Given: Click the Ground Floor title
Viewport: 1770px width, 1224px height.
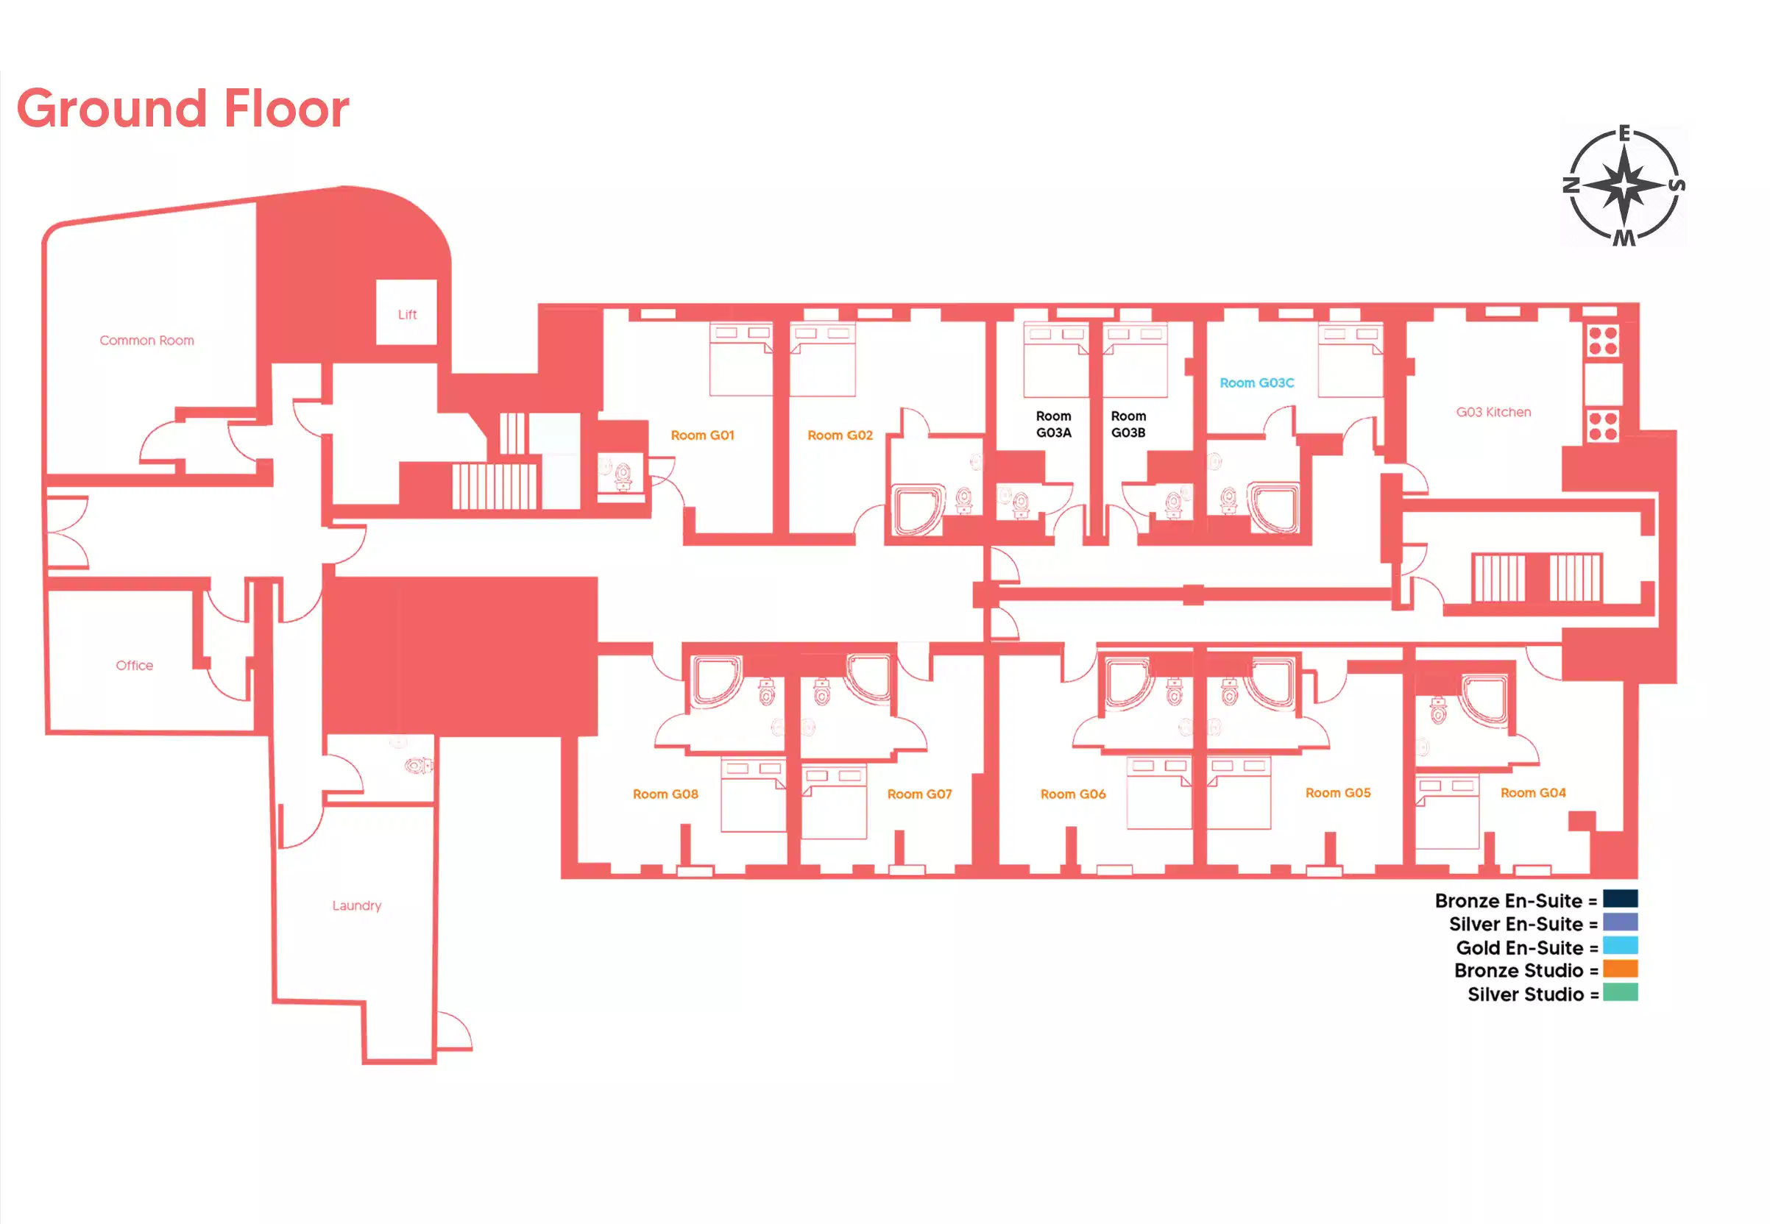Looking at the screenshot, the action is pos(183,108).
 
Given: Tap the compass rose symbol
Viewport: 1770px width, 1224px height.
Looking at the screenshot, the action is pos(1624,185).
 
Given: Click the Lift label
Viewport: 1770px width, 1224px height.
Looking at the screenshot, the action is pos(408,314).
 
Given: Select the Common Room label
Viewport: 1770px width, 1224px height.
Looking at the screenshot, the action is pos(146,341).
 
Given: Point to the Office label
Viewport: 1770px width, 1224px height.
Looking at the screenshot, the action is pos(134,666).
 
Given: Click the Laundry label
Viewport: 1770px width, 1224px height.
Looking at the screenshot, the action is pos(357,905).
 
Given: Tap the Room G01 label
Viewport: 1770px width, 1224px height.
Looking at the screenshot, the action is pos(702,435).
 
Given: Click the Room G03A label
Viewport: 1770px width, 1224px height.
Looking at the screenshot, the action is pos(1053,424).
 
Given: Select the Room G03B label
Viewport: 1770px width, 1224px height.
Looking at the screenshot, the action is pos(1128,424).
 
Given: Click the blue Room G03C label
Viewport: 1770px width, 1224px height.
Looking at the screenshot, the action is pos(1257,382).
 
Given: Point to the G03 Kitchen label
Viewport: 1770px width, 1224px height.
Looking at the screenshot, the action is pos(1493,413).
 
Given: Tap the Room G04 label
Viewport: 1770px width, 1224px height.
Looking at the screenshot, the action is pos(1533,793).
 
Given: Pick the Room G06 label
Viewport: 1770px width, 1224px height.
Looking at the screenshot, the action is pos(1072,794).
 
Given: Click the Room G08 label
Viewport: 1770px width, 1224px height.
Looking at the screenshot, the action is pos(665,794).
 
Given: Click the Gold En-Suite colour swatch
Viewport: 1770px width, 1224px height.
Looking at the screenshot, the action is pos(1621,946).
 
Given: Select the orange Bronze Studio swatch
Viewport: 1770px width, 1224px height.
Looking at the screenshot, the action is pos(1621,969).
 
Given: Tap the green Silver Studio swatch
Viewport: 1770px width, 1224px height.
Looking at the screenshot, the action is pos(1621,993).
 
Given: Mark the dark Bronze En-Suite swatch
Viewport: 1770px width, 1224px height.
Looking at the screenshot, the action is pos(1621,899).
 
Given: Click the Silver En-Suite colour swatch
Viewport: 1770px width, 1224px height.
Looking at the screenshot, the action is pos(1621,922).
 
